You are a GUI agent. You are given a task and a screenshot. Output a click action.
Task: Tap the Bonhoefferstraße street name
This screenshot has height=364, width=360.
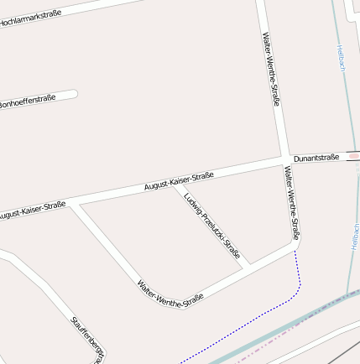(29, 101)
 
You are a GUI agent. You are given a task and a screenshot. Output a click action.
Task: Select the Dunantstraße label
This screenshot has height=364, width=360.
(316, 158)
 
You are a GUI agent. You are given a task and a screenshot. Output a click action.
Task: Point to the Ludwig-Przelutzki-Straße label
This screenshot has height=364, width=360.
(212, 225)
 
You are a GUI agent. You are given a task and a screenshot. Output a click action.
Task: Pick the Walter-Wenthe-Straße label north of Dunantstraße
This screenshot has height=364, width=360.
(271, 69)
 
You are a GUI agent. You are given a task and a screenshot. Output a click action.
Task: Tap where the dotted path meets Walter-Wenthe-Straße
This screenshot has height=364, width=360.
(296, 249)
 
